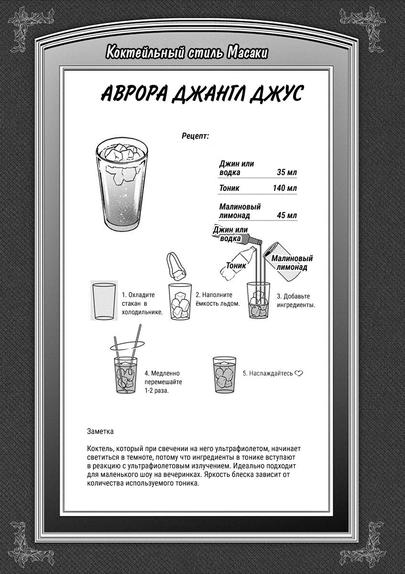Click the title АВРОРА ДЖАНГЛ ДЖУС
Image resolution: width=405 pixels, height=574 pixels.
tap(201, 94)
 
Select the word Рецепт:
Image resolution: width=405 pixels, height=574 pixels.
tap(195, 136)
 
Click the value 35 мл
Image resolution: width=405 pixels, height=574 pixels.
tap(286, 173)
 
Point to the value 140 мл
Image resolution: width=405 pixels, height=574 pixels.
tap(285, 188)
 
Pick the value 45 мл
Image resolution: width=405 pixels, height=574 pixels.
tap(286, 215)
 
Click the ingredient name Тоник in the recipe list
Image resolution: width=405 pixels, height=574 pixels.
tap(230, 188)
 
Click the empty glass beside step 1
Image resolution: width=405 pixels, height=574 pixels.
tap(103, 301)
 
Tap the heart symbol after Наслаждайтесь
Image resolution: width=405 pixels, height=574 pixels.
tap(299, 373)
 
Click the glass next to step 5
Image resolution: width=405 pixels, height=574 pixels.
tap(224, 376)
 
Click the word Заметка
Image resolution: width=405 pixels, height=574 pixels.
tap(100, 431)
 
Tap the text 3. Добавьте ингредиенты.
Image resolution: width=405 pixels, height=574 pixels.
tap(296, 300)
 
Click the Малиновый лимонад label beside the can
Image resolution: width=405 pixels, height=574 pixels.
tap(293, 263)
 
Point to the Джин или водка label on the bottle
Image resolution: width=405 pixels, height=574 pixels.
tap(231, 234)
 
